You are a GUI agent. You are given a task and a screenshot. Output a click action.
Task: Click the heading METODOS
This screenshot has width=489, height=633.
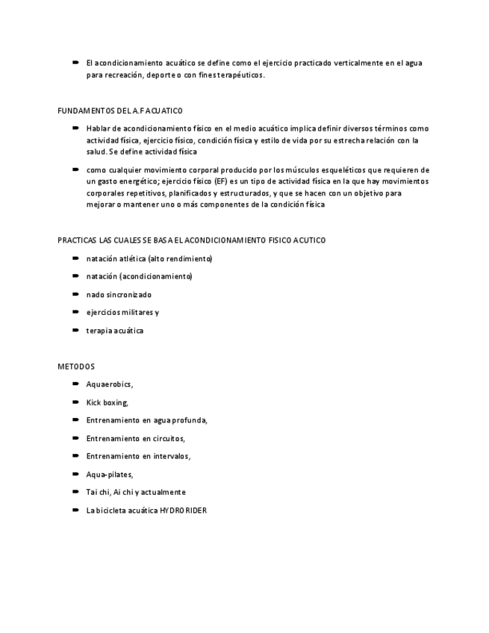pyautogui.click(x=76, y=367)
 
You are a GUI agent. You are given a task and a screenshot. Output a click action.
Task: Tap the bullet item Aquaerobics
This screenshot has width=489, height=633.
pyautogui.click(x=109, y=384)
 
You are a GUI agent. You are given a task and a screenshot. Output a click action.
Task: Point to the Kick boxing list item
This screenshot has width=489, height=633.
pyautogui.click(x=107, y=402)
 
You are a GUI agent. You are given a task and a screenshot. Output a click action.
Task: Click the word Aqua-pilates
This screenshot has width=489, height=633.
pyautogui.click(x=109, y=474)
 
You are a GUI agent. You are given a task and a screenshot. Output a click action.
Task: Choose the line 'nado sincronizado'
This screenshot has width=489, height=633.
pyautogui.click(x=119, y=295)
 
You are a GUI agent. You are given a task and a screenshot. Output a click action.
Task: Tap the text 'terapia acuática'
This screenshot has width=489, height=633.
pyautogui.click(x=114, y=331)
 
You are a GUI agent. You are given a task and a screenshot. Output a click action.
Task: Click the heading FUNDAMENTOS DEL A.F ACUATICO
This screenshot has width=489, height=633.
pyautogui.click(x=120, y=110)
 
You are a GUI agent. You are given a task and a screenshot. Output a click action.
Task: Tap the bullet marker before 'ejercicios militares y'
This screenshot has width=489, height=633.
pyautogui.click(x=76, y=312)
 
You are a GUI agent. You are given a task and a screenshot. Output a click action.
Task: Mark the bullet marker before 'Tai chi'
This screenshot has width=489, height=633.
pyautogui.click(x=76, y=492)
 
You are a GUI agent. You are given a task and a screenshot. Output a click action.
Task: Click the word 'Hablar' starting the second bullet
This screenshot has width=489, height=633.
pyautogui.click(x=98, y=128)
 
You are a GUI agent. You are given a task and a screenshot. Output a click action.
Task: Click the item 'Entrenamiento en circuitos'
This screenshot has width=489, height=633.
pyautogui.click(x=135, y=438)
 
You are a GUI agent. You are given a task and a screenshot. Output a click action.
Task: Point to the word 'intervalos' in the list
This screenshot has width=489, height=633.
pyautogui.click(x=171, y=456)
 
